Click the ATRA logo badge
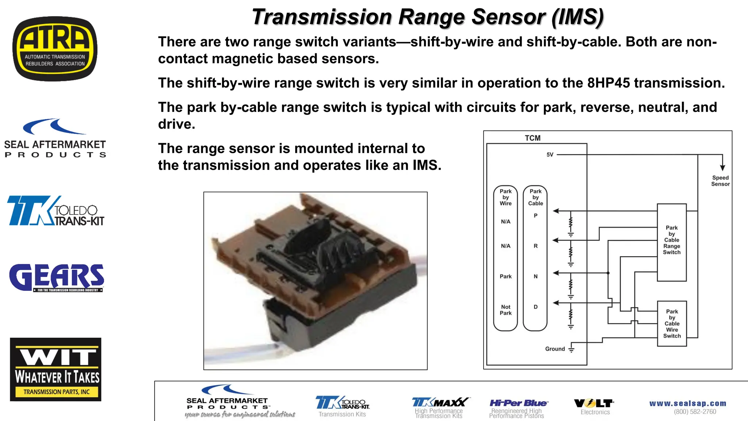[x=55, y=49]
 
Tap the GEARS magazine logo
[x=57, y=278]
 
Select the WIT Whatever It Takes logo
[x=56, y=369]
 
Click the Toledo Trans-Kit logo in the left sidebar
[x=56, y=211]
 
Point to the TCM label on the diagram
[x=533, y=138]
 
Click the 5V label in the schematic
[x=550, y=155]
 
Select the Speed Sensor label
[x=720, y=181]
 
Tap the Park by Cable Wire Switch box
[x=672, y=324]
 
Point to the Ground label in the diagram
[x=555, y=349]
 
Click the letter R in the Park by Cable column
[x=535, y=246]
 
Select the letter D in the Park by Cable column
[x=535, y=307]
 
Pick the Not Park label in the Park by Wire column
[x=505, y=310]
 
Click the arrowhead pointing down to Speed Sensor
[x=722, y=168]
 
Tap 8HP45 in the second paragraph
[x=608, y=83]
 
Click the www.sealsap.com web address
[x=687, y=403]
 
